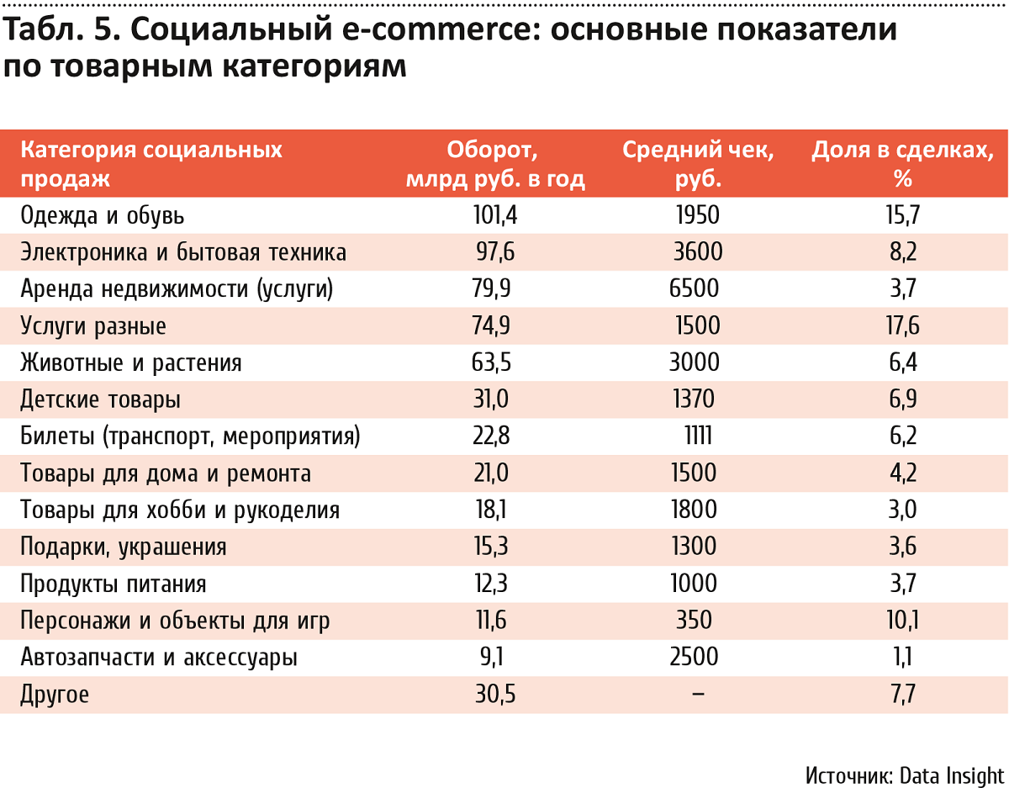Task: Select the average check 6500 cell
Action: pos(695,289)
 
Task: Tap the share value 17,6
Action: pos(903,326)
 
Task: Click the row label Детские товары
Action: pos(100,400)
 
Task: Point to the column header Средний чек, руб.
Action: pos(698,164)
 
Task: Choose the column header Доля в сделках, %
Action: pos(903,164)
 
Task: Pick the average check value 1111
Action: pos(698,436)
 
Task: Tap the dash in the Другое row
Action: pos(697,695)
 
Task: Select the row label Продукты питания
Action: pos(114,584)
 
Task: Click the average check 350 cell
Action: pos(695,621)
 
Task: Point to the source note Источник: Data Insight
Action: pos(904,774)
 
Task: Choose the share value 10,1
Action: pos(903,621)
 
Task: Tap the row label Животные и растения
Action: pos(131,363)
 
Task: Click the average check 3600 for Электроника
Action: pos(697,252)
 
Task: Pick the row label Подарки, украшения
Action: pos(124,547)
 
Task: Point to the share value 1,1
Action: pos(903,658)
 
